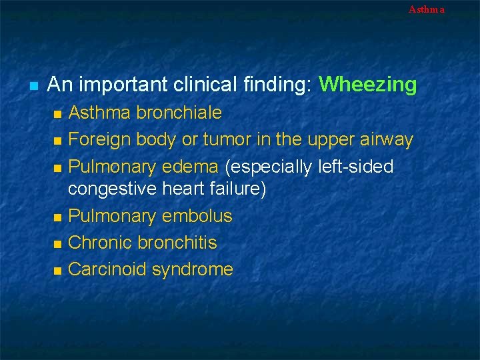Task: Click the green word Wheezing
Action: [x=367, y=85]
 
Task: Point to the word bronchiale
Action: [x=179, y=113]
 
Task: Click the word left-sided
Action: [x=352, y=166]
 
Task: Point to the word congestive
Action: [x=112, y=189]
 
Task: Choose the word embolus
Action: [x=201, y=216]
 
